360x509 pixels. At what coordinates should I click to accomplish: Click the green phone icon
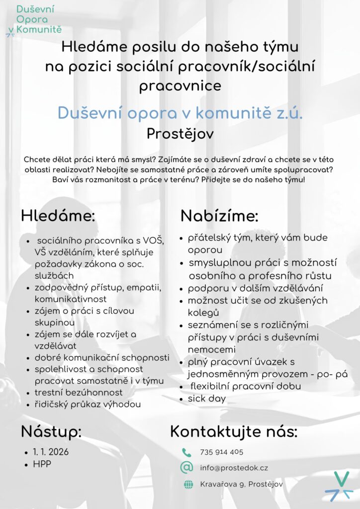click(186, 452)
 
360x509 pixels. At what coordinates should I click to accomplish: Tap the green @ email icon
click(186, 467)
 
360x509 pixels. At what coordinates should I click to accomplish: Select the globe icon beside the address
click(188, 485)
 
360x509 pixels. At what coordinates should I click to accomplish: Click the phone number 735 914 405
click(221, 452)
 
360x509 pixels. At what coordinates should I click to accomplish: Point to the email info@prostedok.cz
click(234, 468)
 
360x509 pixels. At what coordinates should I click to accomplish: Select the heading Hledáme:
click(58, 216)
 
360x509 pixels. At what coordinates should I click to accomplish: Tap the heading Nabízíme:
click(219, 216)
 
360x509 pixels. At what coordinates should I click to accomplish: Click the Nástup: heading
click(51, 431)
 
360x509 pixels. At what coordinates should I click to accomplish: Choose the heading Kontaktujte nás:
click(234, 431)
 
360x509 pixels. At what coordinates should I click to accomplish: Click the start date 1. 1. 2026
click(51, 452)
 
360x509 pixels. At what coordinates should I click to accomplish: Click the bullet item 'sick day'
click(206, 398)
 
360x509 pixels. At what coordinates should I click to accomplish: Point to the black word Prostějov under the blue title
click(180, 133)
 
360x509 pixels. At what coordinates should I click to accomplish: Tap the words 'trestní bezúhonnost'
click(79, 393)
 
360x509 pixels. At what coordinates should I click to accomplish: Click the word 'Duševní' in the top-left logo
click(35, 9)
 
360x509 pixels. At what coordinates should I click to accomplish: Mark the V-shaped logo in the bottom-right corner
click(341, 485)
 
